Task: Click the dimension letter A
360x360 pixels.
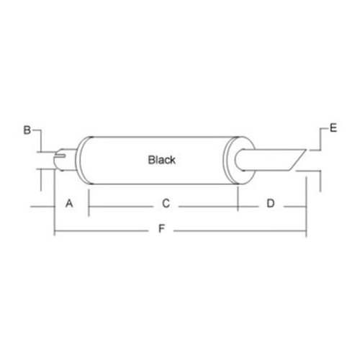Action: click(70, 204)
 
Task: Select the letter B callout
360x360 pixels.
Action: click(27, 130)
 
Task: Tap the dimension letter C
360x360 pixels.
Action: click(165, 204)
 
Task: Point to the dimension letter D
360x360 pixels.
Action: click(270, 204)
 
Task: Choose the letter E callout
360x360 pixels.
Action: click(333, 129)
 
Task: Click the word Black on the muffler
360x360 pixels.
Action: click(161, 160)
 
